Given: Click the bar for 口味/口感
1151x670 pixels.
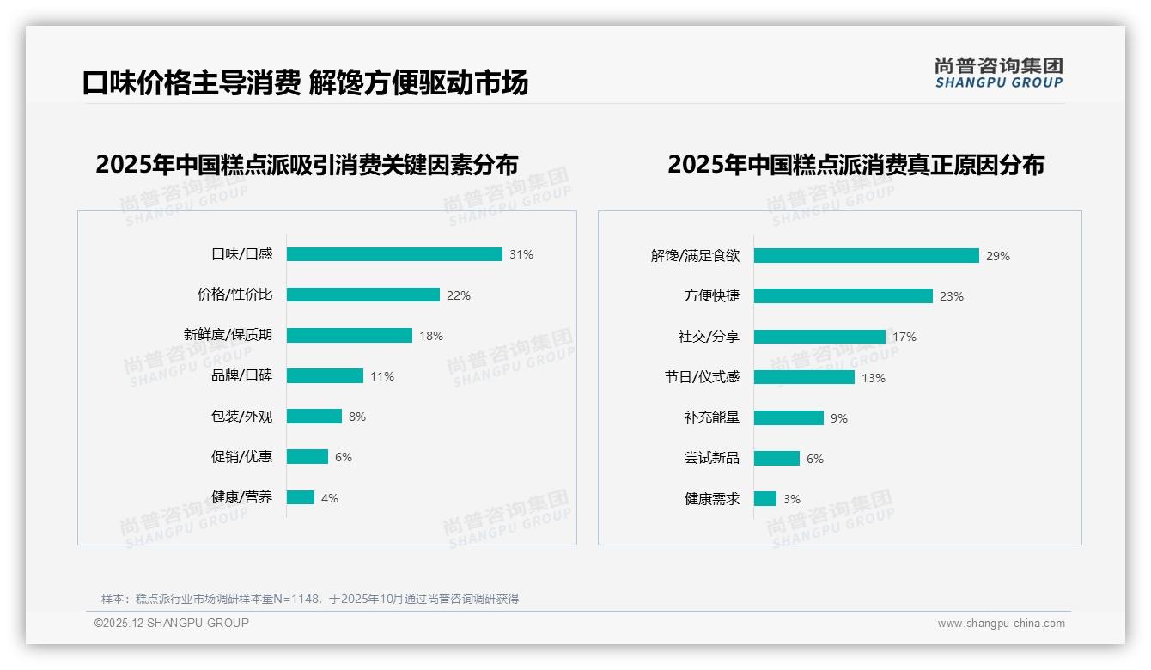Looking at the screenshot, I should point(394,254).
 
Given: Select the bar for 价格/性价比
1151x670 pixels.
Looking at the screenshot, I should point(362,295).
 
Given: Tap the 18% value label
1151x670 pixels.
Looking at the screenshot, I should point(431,336).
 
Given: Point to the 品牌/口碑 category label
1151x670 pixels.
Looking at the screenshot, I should point(241,375).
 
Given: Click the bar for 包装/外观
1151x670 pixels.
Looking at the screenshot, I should point(314,417).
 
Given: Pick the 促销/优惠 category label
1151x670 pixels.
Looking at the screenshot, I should point(241,456).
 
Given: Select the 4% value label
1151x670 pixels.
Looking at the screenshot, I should point(330,498).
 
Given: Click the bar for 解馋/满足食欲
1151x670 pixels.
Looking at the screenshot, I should point(866,255).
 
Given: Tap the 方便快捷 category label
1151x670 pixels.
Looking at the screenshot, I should point(711,295).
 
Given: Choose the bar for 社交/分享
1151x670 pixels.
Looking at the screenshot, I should point(819,337).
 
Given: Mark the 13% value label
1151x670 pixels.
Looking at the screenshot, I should point(874,378).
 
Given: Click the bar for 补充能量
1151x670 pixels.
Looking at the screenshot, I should point(789,418).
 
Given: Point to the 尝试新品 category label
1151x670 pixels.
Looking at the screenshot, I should point(711,458).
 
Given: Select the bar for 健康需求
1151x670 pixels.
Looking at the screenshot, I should point(765,498).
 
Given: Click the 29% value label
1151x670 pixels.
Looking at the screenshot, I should point(998,256).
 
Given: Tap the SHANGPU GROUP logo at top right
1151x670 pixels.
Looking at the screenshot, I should point(998,73).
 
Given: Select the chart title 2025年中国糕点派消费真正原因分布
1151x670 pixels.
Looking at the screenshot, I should point(856,164).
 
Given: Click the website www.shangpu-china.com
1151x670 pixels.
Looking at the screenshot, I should point(1001,624).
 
